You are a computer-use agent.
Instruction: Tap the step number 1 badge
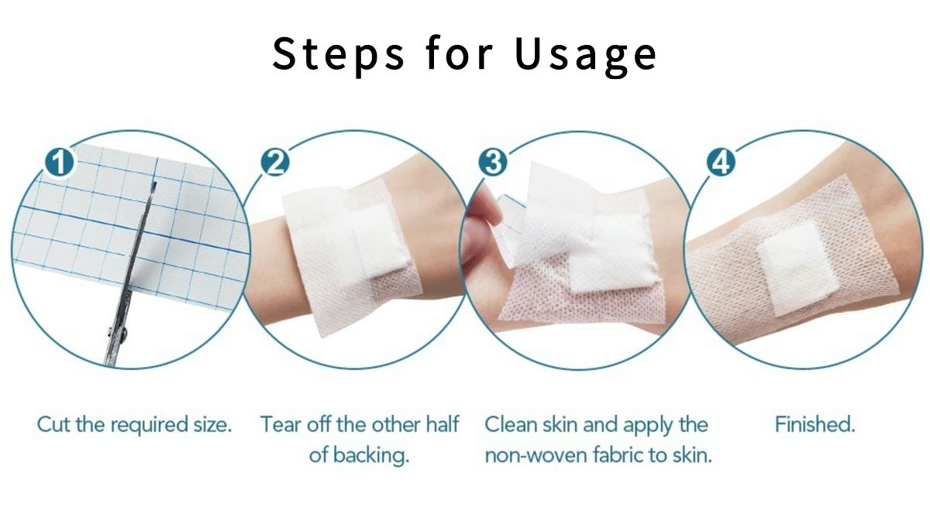point(60,163)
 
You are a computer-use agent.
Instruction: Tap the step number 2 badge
point(276,163)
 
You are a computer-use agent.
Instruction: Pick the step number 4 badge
point(718,163)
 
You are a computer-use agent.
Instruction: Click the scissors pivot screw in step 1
point(122,334)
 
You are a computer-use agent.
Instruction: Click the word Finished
point(815,425)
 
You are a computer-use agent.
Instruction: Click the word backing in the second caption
point(371,455)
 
